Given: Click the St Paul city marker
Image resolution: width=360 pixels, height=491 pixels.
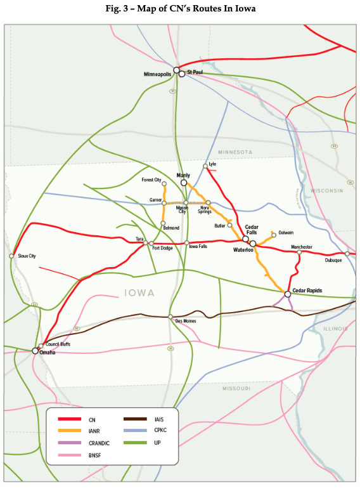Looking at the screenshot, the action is click(182, 74).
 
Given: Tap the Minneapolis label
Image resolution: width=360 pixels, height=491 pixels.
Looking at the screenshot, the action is click(159, 74).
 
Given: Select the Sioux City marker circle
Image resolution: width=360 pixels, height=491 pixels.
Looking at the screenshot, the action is click(11, 256).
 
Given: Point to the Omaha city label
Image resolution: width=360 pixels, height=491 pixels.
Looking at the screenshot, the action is click(48, 352).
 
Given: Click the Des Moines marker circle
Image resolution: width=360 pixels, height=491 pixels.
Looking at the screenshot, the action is click(170, 317).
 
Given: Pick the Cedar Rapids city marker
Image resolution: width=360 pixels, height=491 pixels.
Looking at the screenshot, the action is click(288, 294).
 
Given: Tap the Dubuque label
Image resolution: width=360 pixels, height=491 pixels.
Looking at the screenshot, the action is click(333, 260).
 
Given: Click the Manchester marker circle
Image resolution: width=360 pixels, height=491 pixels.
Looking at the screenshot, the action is click(299, 252).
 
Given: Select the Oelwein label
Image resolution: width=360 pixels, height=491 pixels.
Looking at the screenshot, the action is click(286, 233).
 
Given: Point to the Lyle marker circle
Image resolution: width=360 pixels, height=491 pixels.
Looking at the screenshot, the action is click(205, 166).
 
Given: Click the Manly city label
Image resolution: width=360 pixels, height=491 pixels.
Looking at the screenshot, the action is click(183, 175).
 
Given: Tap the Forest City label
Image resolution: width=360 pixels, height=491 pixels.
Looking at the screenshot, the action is click(151, 180).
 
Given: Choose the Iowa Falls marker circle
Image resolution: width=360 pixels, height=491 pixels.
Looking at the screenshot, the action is click(186, 243).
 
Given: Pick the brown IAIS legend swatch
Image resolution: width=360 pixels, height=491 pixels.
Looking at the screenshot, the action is click(137, 419).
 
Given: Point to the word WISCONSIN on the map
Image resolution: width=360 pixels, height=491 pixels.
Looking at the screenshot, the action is click(326, 190).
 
